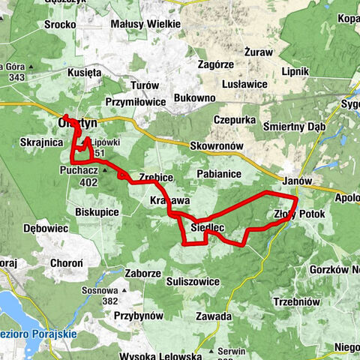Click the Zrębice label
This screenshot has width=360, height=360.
tap(156, 177)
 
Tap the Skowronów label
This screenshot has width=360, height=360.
tap(214, 145)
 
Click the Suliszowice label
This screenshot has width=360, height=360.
tap(193, 281)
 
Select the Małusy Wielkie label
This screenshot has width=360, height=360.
tap(145, 24)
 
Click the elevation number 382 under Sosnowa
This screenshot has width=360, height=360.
tap(110, 301)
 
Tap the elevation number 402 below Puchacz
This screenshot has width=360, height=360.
tap(88, 181)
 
